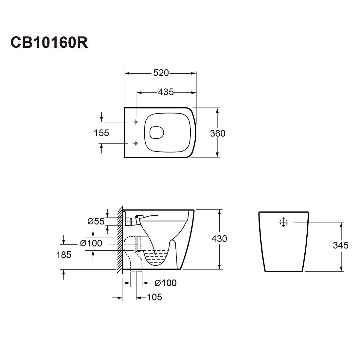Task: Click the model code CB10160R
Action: pyautogui.click(x=49, y=42)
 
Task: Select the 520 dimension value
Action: pyautogui.click(x=161, y=73)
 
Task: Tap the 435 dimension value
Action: pyautogui.click(x=166, y=92)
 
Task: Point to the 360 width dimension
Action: pyautogui.click(x=218, y=134)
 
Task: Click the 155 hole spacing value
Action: pyautogui.click(x=101, y=133)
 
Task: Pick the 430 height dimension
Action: pyautogui.click(x=219, y=239)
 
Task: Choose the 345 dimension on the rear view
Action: pyautogui.click(x=341, y=245)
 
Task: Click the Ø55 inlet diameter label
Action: pyautogui.click(x=96, y=221)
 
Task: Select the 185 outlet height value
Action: pyautogui.click(x=63, y=255)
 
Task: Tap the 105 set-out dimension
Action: pyautogui.click(x=154, y=297)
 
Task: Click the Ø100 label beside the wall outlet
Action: pyautogui.click(x=91, y=243)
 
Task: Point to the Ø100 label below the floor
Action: pyautogui.click(x=166, y=283)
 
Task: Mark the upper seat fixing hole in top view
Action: pyautogui.click(x=136, y=122)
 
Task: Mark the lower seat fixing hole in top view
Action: pyautogui.click(x=136, y=143)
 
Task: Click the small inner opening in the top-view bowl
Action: pyautogui.click(x=156, y=133)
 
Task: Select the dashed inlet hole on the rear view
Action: pyautogui.click(x=283, y=222)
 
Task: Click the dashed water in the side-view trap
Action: pyautogui.click(x=156, y=258)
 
